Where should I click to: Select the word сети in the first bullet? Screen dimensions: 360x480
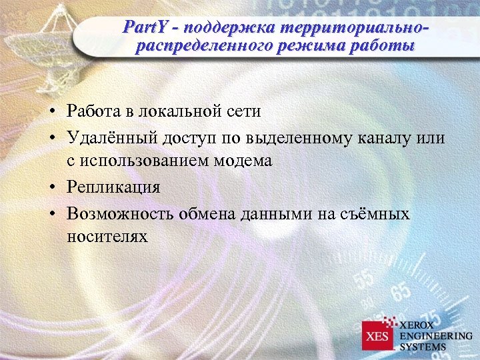click(243, 111)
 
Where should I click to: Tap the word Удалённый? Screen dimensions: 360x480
click(111, 137)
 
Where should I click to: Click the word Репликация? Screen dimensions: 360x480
click(113, 187)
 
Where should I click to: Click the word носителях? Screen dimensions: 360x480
click(107, 237)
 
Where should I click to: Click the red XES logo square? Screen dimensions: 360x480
click(378, 335)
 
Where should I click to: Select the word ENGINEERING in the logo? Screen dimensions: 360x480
click(435, 335)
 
